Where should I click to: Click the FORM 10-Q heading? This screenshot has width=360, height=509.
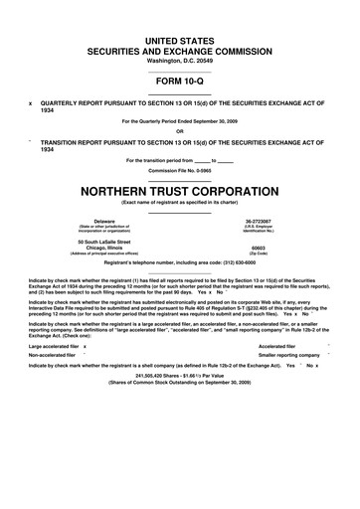pyautogui.click(x=179, y=85)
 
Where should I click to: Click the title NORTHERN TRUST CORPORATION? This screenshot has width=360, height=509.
pyautogui.click(x=179, y=186)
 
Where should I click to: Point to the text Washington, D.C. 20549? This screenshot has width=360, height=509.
pyautogui.click(x=179, y=62)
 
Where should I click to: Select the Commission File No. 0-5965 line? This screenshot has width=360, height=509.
pyautogui.click(x=179, y=168)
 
